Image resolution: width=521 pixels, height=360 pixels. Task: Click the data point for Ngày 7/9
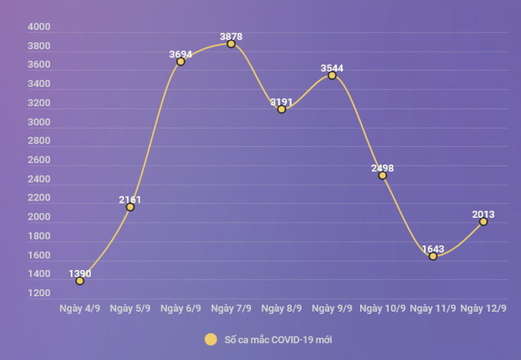pyautogui.click(x=231, y=44)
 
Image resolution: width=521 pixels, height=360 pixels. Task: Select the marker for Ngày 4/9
pyautogui.click(x=80, y=281)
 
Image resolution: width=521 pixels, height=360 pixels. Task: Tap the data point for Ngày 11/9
pyautogui.click(x=433, y=256)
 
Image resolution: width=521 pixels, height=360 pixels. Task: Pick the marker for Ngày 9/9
pyautogui.click(x=332, y=76)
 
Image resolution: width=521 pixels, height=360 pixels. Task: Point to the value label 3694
pyautogui.click(x=181, y=54)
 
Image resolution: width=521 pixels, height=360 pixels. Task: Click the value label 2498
pyautogui.click(x=382, y=168)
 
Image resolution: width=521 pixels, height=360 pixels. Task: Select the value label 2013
pyautogui.click(x=484, y=214)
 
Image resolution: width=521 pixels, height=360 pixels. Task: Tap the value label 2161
pyautogui.click(x=130, y=199)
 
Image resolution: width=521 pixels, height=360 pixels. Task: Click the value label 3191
pyautogui.click(x=282, y=102)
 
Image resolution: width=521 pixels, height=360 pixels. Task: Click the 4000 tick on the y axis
pyautogui.click(x=39, y=27)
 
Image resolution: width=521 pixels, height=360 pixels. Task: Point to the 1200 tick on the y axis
pyautogui.click(x=39, y=294)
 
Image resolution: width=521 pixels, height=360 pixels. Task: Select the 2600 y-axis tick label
pyautogui.click(x=39, y=160)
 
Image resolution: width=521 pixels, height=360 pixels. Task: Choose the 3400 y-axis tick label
pyautogui.click(x=39, y=84)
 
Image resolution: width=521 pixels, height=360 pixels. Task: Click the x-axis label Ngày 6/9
pyautogui.click(x=181, y=308)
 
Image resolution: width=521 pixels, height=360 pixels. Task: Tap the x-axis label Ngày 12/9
pyautogui.click(x=484, y=308)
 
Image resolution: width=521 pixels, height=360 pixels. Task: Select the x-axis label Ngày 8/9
pyautogui.click(x=282, y=308)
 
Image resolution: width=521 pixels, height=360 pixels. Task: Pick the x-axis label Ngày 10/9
pyautogui.click(x=382, y=308)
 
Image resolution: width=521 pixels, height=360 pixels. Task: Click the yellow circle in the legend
pyautogui.click(x=211, y=339)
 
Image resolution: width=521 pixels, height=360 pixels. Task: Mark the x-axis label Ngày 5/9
pyautogui.click(x=130, y=308)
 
